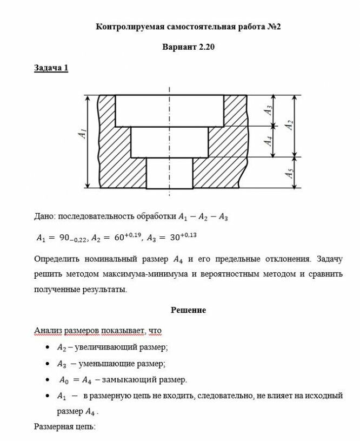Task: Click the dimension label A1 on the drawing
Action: tap(82, 133)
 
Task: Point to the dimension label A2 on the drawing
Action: tap(289, 124)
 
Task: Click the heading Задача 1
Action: tap(51, 68)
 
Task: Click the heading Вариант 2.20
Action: tap(189, 47)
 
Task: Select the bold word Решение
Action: tap(188, 310)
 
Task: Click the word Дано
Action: tap(44, 217)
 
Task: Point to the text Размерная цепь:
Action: tap(65, 426)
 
